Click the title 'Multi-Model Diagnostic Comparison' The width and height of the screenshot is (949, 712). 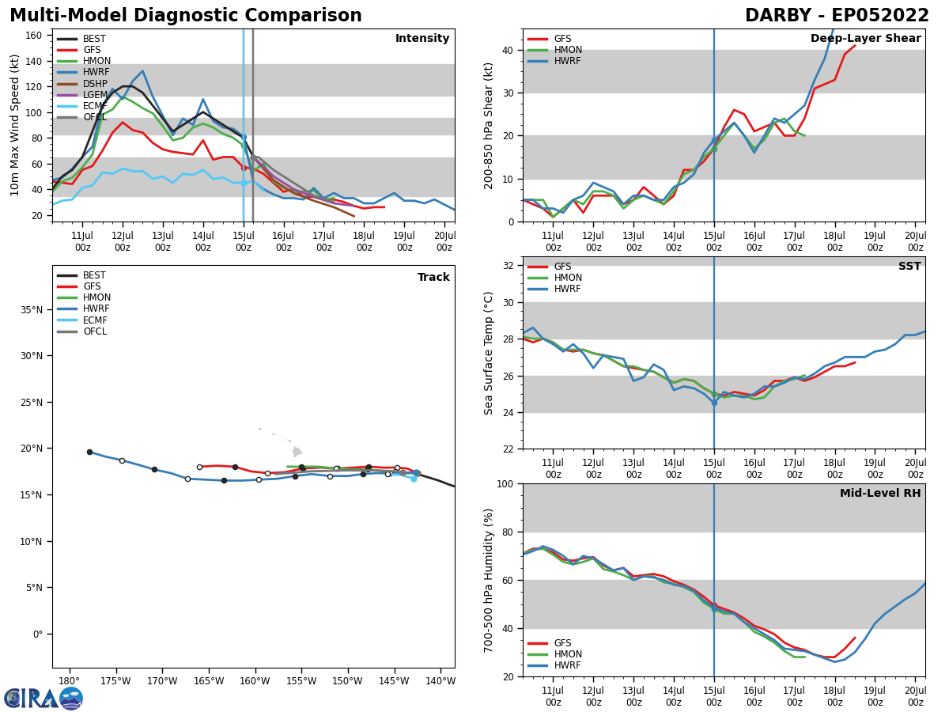click(x=186, y=16)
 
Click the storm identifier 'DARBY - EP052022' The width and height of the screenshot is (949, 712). click(x=837, y=16)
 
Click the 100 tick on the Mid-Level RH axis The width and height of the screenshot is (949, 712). click(x=506, y=483)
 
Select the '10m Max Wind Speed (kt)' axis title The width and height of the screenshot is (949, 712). click(x=14, y=125)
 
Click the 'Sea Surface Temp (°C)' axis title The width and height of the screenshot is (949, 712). click(x=489, y=353)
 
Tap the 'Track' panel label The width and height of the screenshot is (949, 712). click(x=433, y=278)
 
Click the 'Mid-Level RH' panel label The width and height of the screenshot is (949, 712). click(x=880, y=494)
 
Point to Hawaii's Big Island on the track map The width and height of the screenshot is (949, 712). click(x=297, y=452)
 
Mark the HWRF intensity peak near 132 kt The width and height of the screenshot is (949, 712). click(x=142, y=71)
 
